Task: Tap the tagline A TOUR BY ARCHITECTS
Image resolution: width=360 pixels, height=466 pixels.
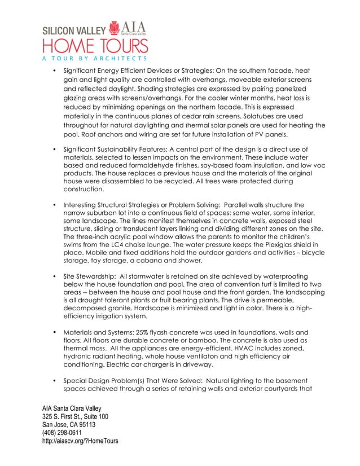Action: pyautogui.click(x=93, y=58)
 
